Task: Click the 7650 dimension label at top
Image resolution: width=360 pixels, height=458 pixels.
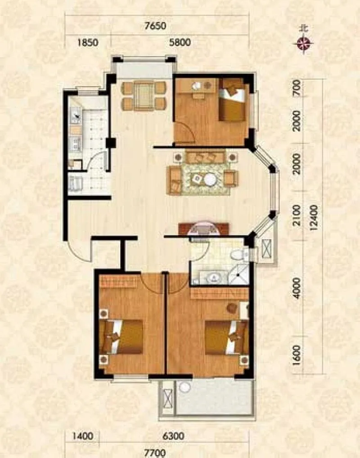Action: [x=155, y=26]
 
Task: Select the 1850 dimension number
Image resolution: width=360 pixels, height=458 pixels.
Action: [x=88, y=43]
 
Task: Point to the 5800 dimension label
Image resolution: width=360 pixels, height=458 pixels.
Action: [x=180, y=42]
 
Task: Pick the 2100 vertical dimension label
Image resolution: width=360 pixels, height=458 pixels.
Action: [x=297, y=216]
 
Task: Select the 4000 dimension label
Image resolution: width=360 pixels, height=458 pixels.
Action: [x=297, y=288]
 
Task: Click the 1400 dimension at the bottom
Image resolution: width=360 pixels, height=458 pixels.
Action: [x=83, y=436]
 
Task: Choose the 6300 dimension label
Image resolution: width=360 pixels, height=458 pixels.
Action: [x=174, y=436]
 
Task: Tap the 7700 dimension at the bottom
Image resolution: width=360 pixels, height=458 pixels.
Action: [x=156, y=454]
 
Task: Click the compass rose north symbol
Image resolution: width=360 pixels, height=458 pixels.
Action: [x=304, y=44]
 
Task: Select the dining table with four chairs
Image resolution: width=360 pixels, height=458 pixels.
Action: [x=144, y=96]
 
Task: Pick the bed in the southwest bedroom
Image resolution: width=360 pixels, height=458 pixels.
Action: [x=121, y=337]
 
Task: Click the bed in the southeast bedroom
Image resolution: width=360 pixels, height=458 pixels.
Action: [x=227, y=338]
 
